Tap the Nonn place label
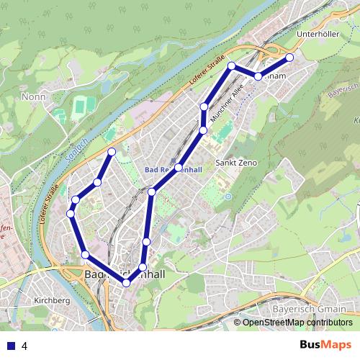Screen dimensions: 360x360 [33, 96]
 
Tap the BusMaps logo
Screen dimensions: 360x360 [325, 346]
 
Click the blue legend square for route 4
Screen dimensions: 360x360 [11, 346]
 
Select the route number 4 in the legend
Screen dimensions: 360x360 [24, 346]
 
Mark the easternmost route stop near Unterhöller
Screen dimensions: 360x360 [289, 57]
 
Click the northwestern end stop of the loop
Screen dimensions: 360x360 [112, 151]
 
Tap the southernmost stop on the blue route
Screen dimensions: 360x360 [127, 283]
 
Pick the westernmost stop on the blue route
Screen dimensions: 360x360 [71, 214]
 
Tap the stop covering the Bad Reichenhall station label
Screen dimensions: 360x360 [179, 168]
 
